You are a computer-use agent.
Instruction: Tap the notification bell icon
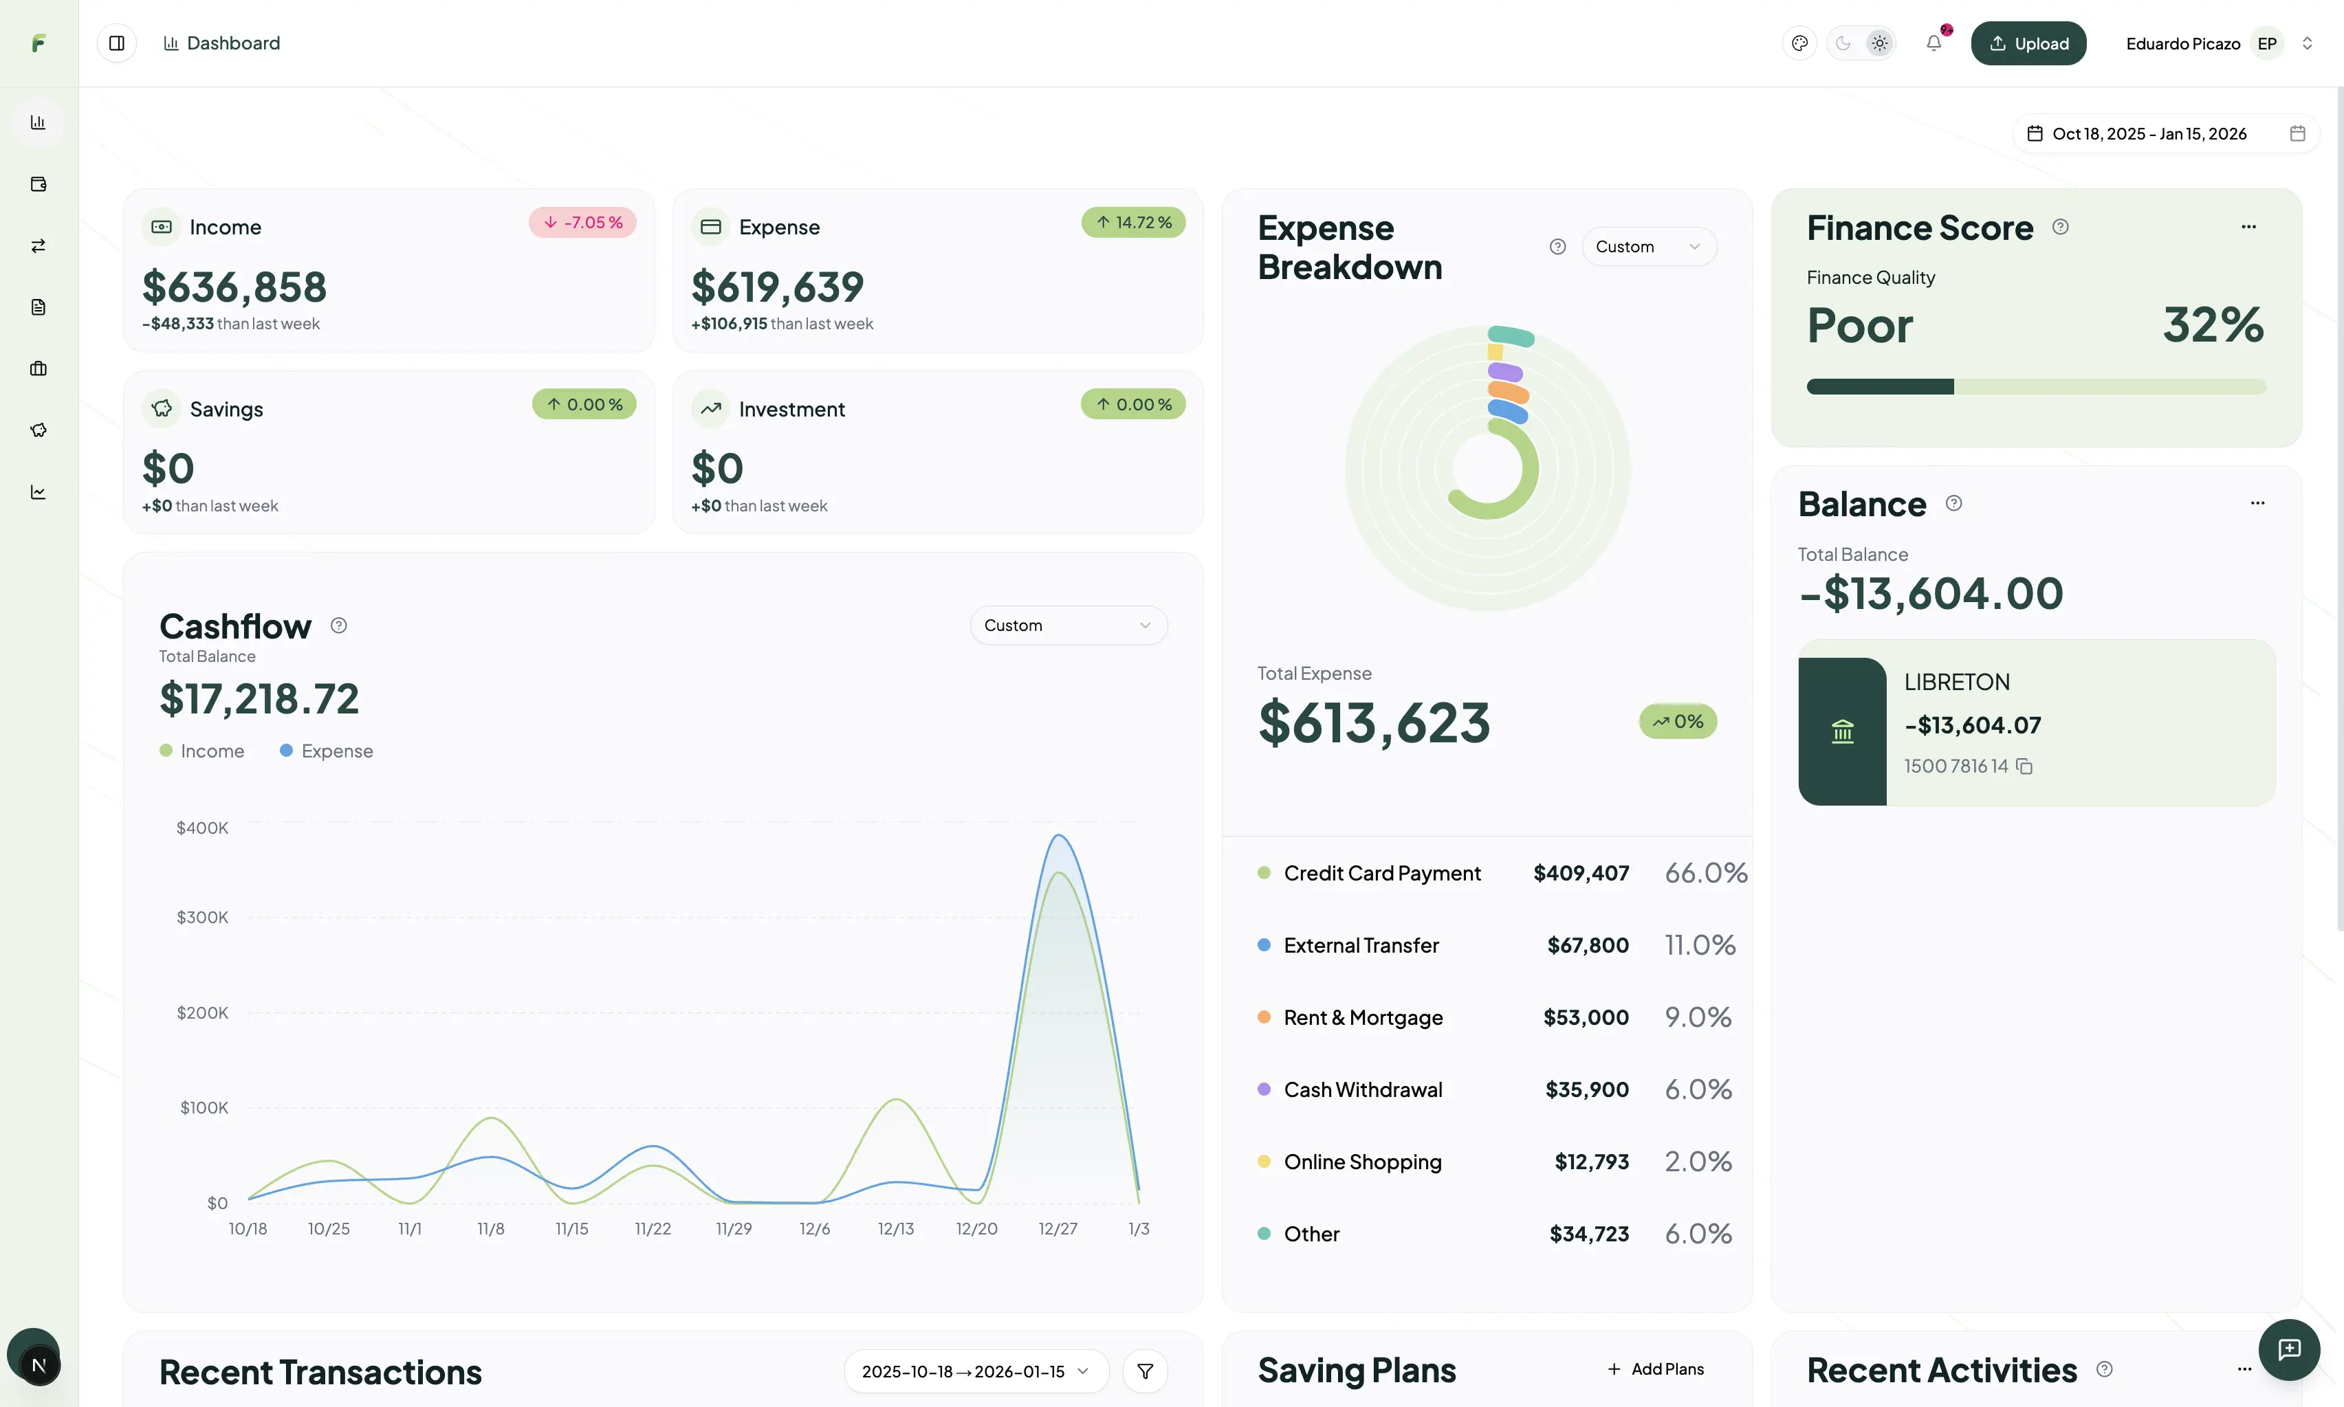pos(1934,43)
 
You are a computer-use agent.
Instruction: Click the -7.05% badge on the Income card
pos(582,223)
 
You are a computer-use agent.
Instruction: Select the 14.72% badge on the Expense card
pos(1133,223)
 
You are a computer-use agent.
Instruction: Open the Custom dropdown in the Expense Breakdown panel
pos(1648,247)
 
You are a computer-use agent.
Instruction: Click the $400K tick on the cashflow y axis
pos(202,828)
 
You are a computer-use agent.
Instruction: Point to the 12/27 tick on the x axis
pos(1058,1229)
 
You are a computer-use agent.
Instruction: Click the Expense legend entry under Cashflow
pos(327,751)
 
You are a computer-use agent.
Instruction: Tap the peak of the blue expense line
pos(1058,835)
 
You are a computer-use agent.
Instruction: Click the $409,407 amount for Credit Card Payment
pos(1581,873)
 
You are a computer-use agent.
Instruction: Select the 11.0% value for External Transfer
pos(1699,945)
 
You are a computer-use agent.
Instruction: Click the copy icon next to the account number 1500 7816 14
pos(2024,766)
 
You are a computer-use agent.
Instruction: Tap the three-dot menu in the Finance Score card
pos(2248,227)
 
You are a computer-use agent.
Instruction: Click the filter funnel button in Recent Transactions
pos(1145,1371)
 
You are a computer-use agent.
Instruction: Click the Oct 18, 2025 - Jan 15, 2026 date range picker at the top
pos(2149,133)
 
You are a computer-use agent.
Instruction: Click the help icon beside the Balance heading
pos(1953,503)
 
